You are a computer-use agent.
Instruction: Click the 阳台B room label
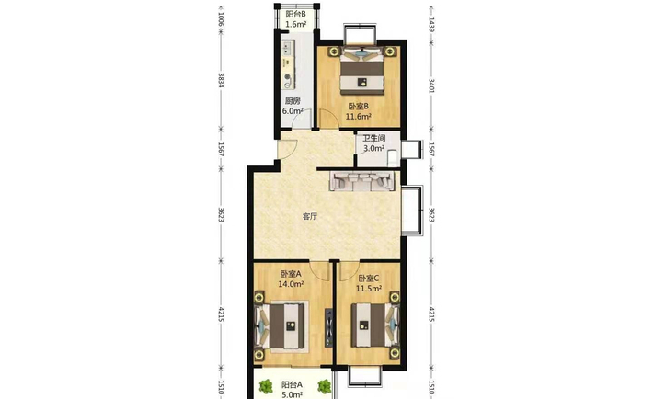pos(295,14)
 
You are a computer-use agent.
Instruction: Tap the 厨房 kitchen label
pos(293,101)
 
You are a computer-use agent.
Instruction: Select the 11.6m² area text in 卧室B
pos(359,117)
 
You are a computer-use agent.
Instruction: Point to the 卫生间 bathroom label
pos(373,138)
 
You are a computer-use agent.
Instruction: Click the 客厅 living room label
pos(310,216)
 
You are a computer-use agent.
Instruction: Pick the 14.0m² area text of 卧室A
pos(291,284)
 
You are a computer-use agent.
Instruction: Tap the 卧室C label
pos(368,278)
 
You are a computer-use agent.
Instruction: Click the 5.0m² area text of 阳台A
pos(292,394)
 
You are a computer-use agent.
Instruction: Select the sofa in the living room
pos(362,181)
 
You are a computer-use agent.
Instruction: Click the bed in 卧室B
pos(361,71)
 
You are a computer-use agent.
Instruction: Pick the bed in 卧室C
pos(373,325)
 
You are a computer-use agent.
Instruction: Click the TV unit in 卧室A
pos(329,327)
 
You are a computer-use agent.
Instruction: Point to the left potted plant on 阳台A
pos(265,386)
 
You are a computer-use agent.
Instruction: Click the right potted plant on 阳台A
pos(324,386)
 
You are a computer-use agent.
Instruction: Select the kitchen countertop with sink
pos(288,64)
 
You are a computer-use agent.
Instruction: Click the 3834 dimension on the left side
pos(222,81)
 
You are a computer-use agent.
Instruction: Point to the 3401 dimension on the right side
pos(431,85)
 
